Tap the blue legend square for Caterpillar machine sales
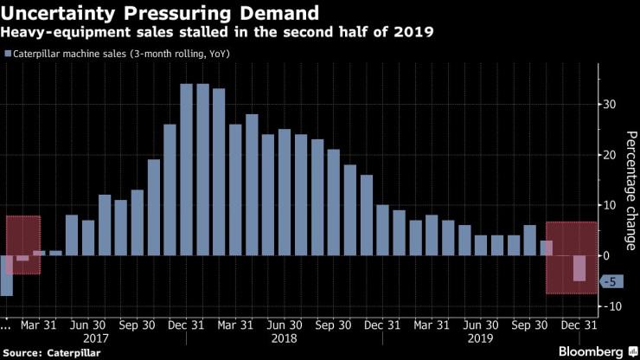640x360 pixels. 8,54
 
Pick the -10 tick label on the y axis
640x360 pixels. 611,307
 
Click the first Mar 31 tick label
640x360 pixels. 40,325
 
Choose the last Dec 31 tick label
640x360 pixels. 578,325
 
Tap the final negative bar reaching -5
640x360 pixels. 579,268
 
